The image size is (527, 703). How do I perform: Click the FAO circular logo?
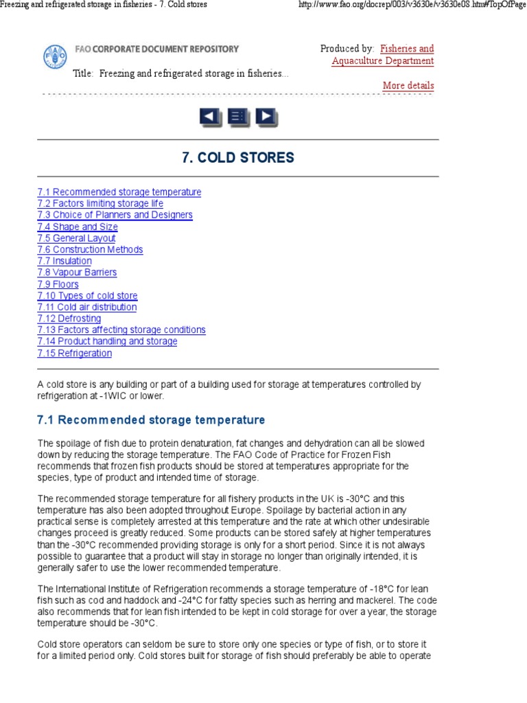click(56, 55)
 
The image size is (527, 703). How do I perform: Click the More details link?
click(408, 86)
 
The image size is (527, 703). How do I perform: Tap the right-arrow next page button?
click(266, 117)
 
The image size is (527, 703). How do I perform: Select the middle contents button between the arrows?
click(238, 117)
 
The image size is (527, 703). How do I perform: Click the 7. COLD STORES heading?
click(237, 158)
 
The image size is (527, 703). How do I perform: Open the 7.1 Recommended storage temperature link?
click(119, 192)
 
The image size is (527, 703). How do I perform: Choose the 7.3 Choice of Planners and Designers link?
click(115, 215)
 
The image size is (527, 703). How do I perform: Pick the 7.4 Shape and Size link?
click(78, 227)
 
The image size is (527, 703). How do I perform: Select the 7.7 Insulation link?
click(65, 261)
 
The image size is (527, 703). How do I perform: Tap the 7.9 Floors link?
click(58, 284)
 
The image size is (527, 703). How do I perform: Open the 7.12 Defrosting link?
click(69, 319)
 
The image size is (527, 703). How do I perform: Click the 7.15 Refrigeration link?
click(75, 354)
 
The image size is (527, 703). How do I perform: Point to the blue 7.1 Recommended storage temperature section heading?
click(151, 420)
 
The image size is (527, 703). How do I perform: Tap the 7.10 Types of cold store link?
click(88, 296)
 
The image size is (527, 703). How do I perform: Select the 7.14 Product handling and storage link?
click(108, 341)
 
